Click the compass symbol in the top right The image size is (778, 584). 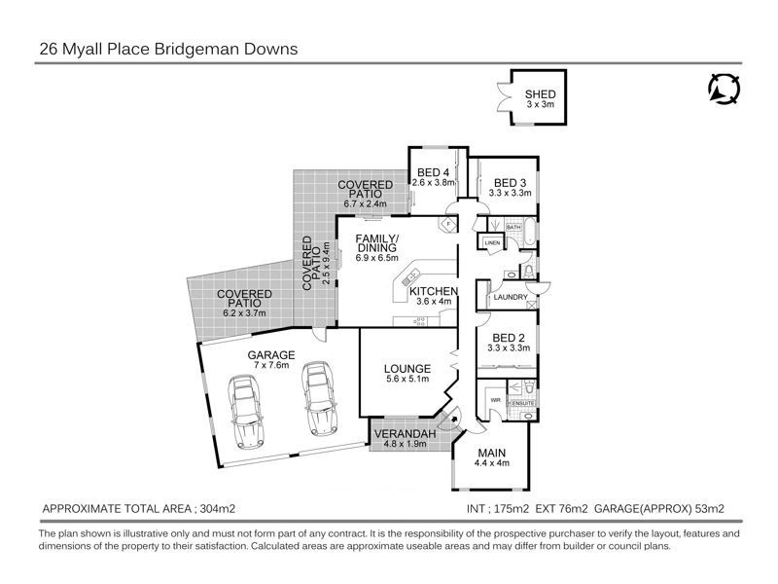pos(724,89)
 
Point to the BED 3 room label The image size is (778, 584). pos(510,182)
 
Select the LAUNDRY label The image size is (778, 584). pos(511,297)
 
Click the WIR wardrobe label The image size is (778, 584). pos(494,398)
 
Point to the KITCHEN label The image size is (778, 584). pos(434,291)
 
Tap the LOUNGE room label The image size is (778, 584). pos(407,368)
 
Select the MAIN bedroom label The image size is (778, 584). pos(490,453)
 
